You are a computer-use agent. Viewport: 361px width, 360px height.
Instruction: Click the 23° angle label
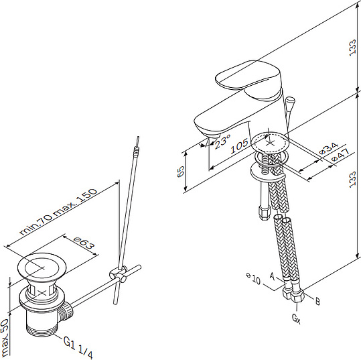222,141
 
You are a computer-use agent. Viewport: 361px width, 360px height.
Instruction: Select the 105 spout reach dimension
240,146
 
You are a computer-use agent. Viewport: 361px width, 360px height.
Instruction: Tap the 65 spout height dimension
181,171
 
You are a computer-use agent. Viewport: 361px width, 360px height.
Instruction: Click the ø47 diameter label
340,156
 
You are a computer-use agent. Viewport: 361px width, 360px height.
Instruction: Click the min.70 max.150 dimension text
58,211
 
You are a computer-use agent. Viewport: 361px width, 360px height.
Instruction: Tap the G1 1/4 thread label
78,347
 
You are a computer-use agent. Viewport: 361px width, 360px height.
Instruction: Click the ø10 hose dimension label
253,278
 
